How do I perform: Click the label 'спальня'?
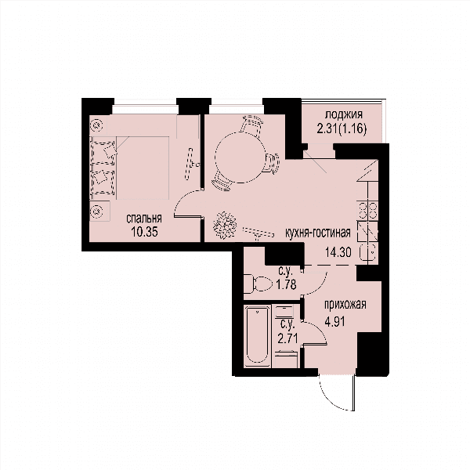[x=144, y=219]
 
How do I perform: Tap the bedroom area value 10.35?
[x=144, y=232]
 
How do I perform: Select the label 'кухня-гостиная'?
[x=318, y=233]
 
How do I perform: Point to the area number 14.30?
[x=338, y=252]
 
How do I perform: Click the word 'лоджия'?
[x=344, y=114]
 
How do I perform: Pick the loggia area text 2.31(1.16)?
[x=342, y=129]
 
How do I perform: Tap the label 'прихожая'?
[x=345, y=305]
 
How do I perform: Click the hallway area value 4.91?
[x=334, y=322]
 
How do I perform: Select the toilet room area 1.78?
[x=287, y=284]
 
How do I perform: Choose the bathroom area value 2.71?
[x=287, y=339]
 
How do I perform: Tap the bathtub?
[x=257, y=336]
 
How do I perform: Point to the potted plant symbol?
[x=225, y=226]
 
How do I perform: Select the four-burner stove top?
[x=368, y=211]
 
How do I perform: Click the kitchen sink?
[x=368, y=254]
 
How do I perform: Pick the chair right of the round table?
[x=271, y=164]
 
